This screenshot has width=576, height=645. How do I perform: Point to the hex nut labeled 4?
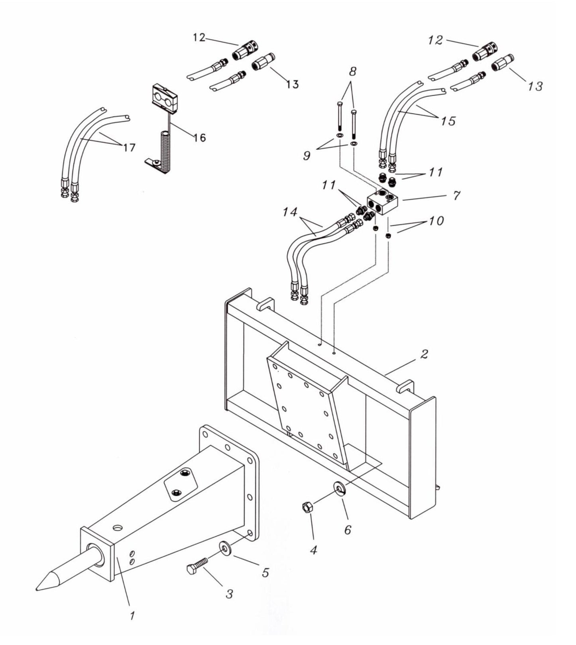(x=308, y=508)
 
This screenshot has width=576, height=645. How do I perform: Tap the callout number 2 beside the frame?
(x=424, y=354)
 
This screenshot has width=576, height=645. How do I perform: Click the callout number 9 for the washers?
(x=306, y=155)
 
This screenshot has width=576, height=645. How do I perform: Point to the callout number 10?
(x=436, y=220)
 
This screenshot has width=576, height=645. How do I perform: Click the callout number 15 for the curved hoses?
(x=448, y=120)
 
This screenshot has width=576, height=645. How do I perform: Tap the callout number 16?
(x=200, y=138)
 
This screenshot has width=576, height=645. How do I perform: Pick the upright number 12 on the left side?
(x=199, y=37)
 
